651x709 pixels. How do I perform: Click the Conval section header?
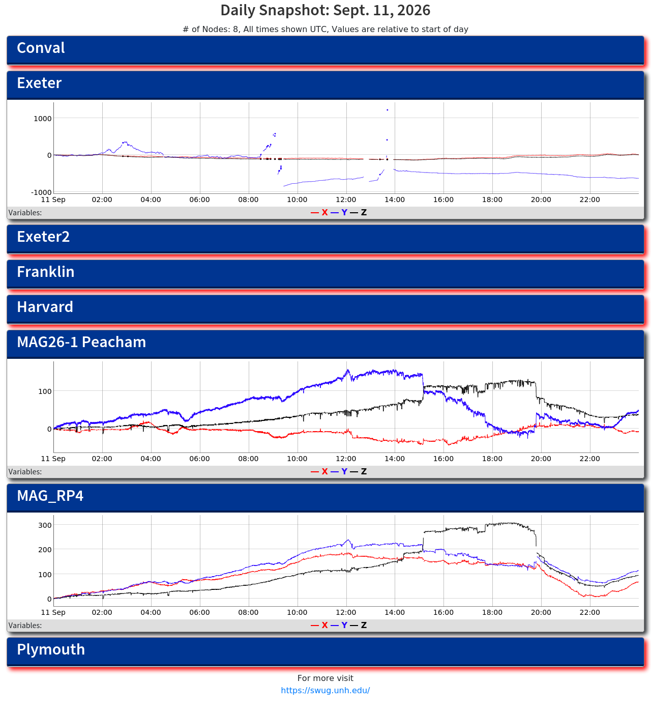point(325,50)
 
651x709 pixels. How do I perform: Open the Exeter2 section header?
point(325,239)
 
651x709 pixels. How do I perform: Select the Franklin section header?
point(325,273)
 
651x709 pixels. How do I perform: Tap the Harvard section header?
point(325,308)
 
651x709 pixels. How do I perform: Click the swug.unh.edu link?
point(325,690)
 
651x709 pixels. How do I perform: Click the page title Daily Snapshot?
point(325,10)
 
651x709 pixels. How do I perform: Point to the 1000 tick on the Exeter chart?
point(42,119)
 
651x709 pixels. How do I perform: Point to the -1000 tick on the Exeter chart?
point(41,192)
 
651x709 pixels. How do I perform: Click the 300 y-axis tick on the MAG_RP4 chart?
point(45,525)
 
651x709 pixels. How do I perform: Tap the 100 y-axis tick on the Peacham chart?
point(45,391)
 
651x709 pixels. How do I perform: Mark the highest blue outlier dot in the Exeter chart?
point(387,110)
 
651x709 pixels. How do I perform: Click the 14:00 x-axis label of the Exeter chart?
point(395,200)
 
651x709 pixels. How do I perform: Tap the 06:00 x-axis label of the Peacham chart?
point(199,459)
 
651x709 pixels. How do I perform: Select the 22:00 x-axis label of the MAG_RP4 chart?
point(589,612)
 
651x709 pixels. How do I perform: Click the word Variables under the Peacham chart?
point(25,471)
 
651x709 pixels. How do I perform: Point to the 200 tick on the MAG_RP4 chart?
point(45,550)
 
